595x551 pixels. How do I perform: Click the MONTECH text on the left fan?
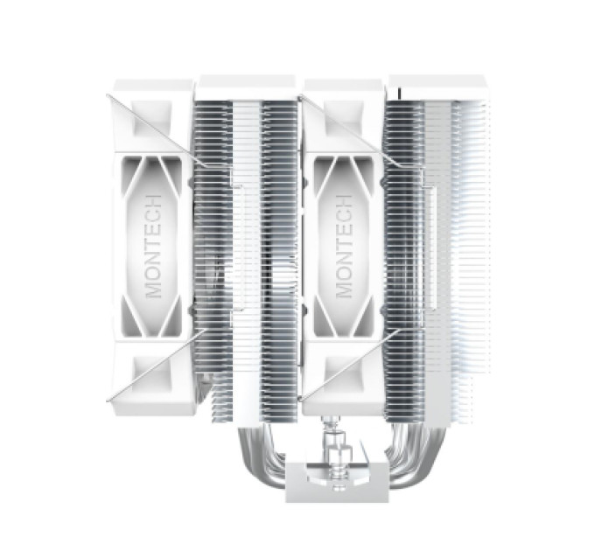[153, 247]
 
